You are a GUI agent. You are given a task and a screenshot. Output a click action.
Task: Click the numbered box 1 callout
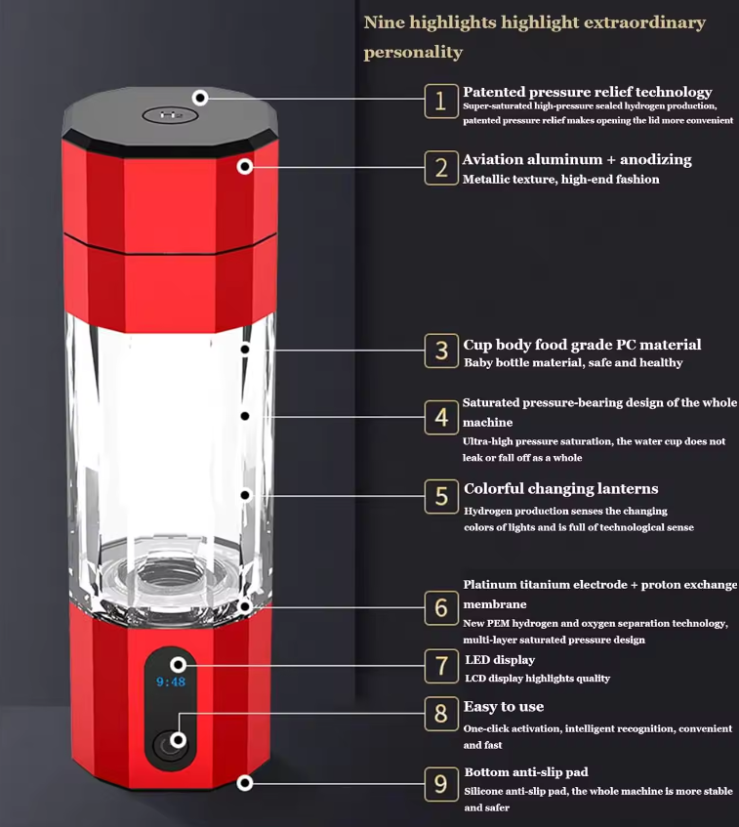point(440,101)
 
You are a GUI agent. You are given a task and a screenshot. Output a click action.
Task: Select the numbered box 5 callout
point(440,496)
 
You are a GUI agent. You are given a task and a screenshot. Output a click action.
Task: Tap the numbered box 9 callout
point(440,784)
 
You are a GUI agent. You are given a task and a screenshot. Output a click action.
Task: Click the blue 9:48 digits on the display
point(171,682)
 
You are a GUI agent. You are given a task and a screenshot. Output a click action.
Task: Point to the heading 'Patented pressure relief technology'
point(587,92)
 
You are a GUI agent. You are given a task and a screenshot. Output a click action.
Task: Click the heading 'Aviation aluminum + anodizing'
point(577,159)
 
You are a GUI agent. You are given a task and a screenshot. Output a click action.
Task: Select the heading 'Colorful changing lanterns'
point(560,488)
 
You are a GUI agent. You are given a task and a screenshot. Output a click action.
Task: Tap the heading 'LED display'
point(499,660)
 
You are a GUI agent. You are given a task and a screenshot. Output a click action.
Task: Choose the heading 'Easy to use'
point(504,706)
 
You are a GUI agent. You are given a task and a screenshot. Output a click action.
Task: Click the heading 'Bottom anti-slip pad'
point(525,772)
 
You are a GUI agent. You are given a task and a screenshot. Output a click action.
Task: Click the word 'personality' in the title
point(413,52)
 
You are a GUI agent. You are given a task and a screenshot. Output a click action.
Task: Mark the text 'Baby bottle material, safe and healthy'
point(572,363)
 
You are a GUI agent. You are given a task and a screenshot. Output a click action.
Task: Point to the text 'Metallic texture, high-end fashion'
point(560,180)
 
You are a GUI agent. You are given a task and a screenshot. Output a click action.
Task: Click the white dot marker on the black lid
point(200,98)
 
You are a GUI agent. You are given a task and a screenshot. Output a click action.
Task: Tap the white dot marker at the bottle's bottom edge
point(245,782)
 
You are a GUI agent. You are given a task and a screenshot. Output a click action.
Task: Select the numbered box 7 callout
point(440,667)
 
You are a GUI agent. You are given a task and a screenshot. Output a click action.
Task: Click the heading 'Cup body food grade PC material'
point(582,345)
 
